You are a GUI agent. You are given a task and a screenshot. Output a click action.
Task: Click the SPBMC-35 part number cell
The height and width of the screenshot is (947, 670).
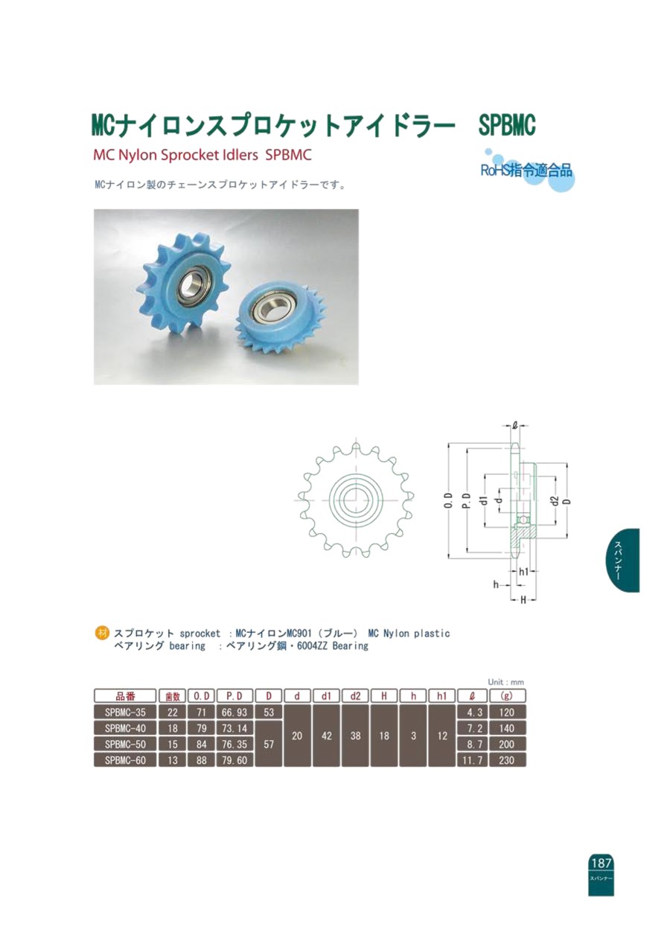(x=125, y=712)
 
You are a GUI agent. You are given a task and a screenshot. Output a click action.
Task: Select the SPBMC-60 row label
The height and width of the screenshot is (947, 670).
(x=125, y=760)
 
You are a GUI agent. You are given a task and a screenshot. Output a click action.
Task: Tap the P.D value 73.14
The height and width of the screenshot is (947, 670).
(x=234, y=728)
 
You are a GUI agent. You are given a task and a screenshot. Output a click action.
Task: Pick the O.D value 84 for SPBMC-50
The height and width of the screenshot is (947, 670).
(x=201, y=744)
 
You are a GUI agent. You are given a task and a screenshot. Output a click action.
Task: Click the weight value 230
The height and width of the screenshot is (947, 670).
(x=507, y=760)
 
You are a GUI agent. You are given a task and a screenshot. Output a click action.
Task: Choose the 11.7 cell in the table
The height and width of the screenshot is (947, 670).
(x=472, y=760)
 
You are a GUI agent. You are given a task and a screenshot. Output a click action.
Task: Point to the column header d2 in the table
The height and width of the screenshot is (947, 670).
(x=355, y=696)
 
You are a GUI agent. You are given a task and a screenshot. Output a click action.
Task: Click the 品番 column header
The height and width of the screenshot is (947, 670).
(x=125, y=696)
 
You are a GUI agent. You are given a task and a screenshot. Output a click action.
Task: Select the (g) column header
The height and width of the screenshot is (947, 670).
(x=507, y=696)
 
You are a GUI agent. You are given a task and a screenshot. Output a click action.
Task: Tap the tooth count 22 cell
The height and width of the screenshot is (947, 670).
(x=173, y=712)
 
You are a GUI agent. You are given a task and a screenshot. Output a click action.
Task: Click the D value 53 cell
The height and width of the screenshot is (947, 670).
(x=269, y=712)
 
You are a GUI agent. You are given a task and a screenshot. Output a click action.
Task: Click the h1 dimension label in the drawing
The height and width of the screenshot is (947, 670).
(x=524, y=572)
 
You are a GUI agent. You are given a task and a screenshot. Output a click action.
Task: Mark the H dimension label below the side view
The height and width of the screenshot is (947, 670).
(x=523, y=599)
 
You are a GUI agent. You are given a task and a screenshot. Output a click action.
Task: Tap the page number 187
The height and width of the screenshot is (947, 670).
(x=601, y=862)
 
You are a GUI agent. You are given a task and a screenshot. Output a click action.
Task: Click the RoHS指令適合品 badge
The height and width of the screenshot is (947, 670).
(x=527, y=170)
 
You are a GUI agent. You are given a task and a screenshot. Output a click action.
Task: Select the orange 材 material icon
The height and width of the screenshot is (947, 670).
(x=102, y=633)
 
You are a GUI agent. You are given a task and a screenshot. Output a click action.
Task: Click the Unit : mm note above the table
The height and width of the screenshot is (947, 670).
(x=505, y=682)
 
